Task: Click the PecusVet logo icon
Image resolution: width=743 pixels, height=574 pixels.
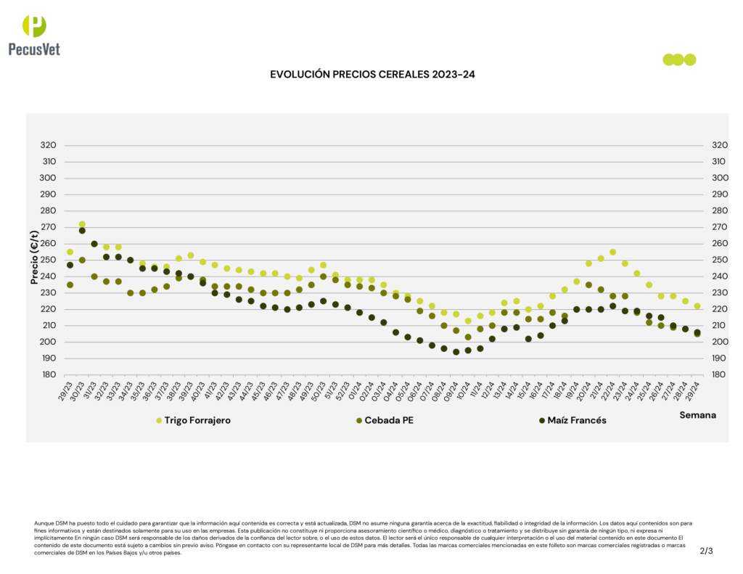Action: coord(34,26)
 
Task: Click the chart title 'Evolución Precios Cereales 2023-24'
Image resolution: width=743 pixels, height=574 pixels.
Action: coord(372,75)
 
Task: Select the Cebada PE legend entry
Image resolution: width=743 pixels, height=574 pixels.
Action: coord(389,420)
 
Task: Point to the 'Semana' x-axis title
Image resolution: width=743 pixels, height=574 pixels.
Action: coord(697,415)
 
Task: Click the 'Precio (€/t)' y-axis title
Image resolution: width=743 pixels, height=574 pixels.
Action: coord(34,258)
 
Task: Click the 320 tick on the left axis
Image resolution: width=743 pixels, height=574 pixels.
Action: coord(49,145)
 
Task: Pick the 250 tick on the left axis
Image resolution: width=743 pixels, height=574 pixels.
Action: coord(49,260)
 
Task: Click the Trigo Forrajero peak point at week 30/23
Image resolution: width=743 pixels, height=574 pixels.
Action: coord(82,224)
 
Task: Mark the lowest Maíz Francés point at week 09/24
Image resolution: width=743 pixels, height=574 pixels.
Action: coord(456,352)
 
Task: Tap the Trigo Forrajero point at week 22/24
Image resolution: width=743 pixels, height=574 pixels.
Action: coord(612,252)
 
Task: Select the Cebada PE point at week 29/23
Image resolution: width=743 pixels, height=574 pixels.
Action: coord(70,285)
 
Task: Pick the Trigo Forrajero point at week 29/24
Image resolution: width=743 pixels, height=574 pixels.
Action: coord(697,306)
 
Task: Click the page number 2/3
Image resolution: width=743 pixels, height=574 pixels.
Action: coord(706,551)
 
